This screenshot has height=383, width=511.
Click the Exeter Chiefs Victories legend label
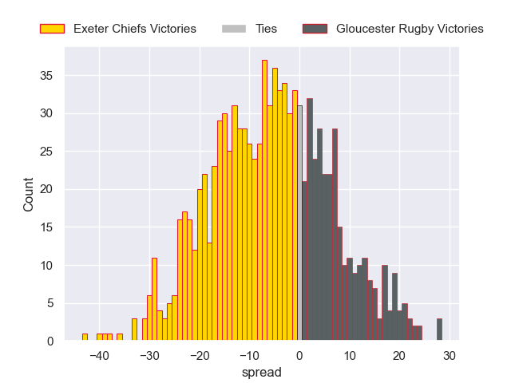(134, 29)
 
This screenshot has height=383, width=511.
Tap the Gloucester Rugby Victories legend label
(410, 29)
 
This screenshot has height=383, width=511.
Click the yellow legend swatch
(52, 29)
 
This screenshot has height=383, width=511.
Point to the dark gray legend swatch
(315, 29)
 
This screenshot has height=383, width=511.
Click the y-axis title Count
(29, 194)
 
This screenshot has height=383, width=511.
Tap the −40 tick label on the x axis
(100, 356)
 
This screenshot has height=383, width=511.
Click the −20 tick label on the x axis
(200, 356)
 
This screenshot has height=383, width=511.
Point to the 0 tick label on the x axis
(299, 356)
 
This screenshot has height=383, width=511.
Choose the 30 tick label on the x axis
(450, 356)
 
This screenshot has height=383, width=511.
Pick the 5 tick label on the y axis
(50, 303)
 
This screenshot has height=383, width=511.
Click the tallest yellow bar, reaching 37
(264, 199)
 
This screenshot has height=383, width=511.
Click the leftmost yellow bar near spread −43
(85, 338)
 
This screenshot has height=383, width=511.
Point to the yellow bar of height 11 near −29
(154, 299)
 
